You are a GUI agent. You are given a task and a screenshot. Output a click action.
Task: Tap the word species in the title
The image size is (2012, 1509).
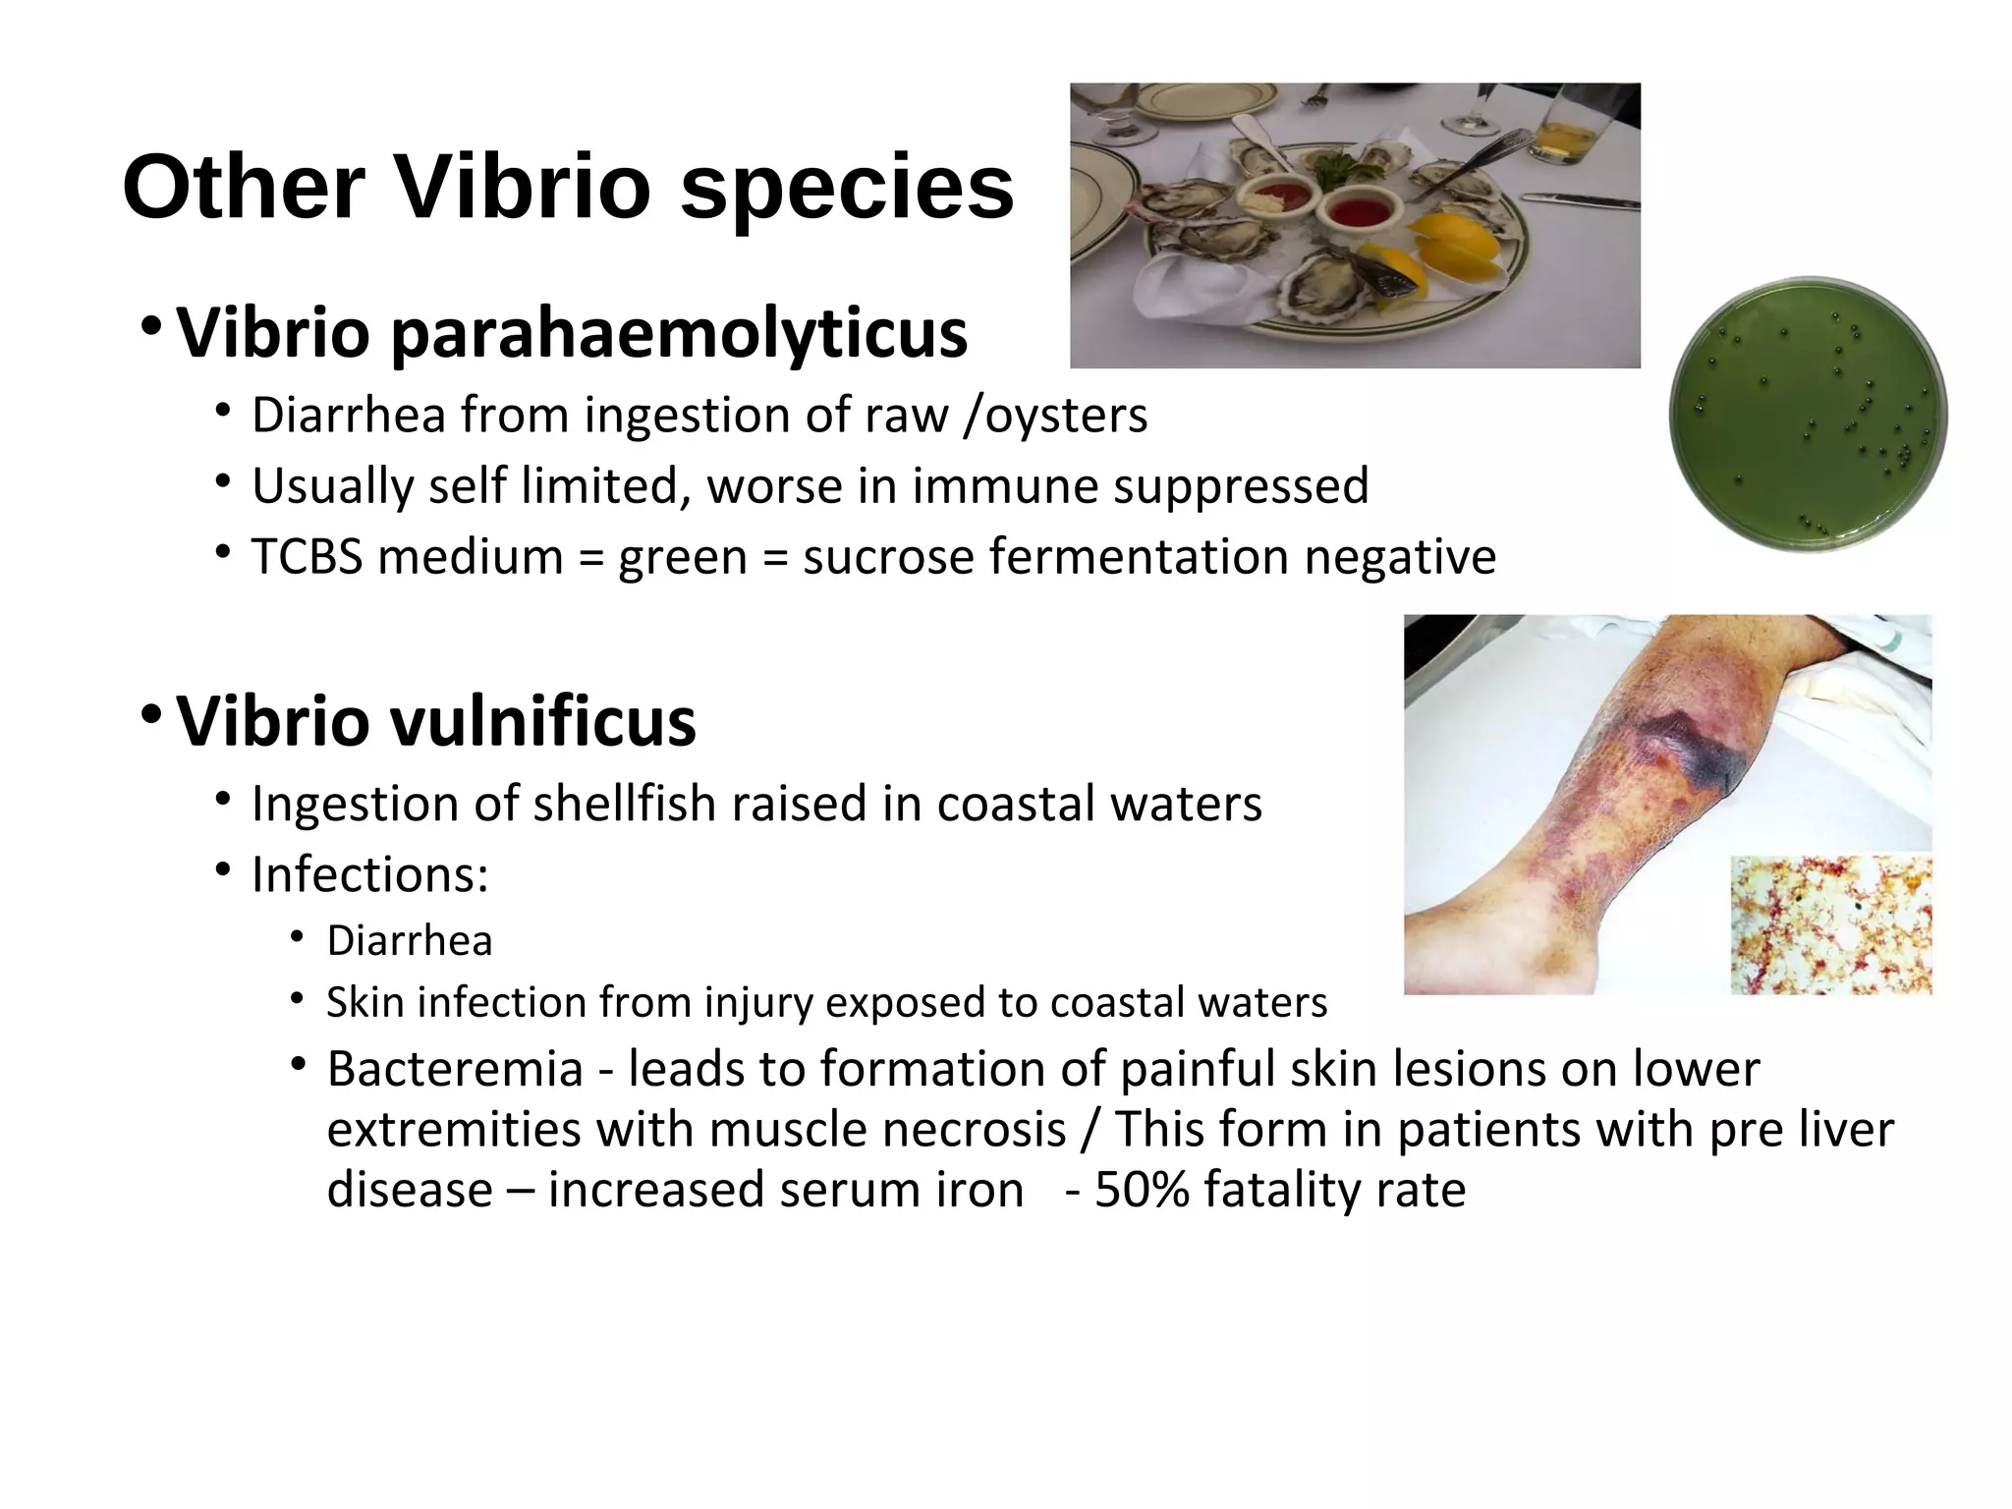(x=847, y=189)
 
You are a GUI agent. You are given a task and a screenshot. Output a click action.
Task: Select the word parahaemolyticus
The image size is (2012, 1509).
(x=679, y=334)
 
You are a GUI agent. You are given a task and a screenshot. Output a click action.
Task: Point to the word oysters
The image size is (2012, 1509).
(x=1066, y=417)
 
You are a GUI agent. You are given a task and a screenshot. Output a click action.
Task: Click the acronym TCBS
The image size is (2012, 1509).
(x=307, y=557)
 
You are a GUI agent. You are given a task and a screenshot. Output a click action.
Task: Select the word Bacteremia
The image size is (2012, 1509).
(x=455, y=1069)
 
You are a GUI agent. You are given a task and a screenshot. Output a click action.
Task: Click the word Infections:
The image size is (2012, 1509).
(x=369, y=874)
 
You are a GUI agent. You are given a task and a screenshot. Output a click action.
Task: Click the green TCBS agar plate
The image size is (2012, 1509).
(x=1808, y=414)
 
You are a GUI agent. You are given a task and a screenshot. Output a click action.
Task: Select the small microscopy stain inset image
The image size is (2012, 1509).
(x=1830, y=924)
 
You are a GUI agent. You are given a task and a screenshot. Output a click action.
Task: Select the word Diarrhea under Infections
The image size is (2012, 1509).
(x=409, y=941)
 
